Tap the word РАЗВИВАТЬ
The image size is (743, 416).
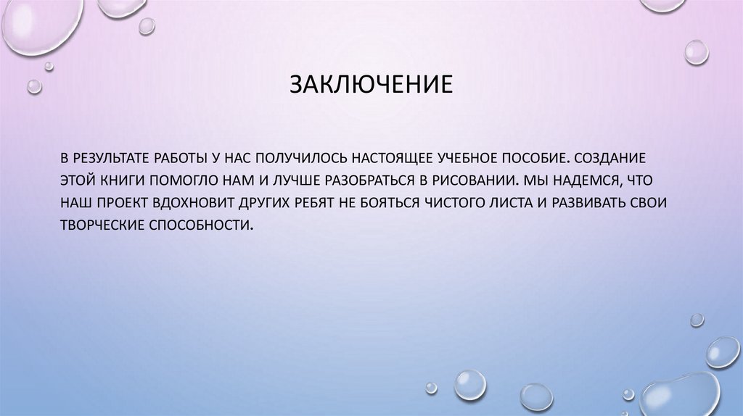pyautogui.click(x=593, y=202)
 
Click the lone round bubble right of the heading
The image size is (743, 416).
pyautogui.click(x=697, y=52)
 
